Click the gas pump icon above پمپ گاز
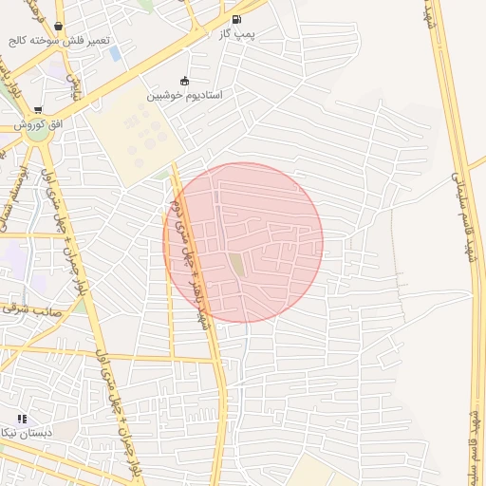pos(235,19)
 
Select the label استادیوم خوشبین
pos(184,96)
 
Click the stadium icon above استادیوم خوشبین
pos(184,82)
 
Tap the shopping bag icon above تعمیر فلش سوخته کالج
pos(59,27)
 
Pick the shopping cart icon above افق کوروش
pos(38,110)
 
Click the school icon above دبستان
pos(22,419)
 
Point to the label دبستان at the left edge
pos(19,433)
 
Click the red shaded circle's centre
pos(243,243)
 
